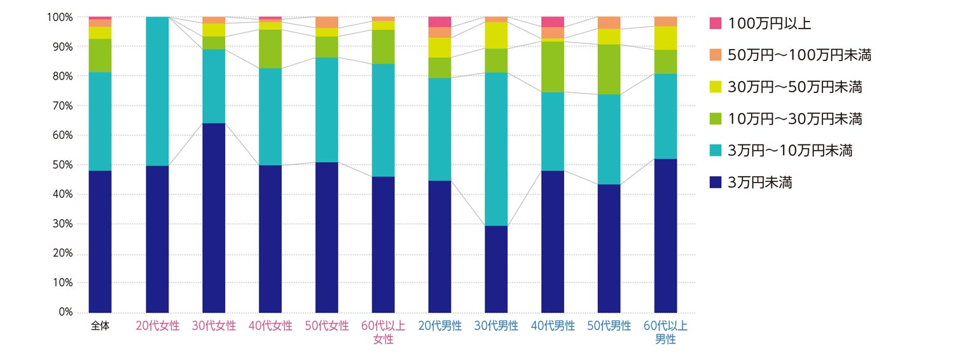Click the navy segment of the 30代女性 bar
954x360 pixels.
(214, 218)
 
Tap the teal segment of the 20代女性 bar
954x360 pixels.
(157, 91)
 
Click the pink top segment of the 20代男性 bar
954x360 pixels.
(439, 22)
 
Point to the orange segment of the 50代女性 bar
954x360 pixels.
(327, 22)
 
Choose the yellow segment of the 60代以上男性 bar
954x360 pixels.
(665, 38)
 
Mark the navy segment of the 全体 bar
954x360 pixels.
(100, 241)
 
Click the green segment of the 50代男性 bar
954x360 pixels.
(609, 69)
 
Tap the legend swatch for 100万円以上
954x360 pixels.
(715, 24)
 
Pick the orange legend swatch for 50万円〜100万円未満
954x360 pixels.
(715, 55)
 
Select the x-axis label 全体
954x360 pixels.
(100, 326)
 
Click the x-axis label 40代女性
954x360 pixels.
(270, 326)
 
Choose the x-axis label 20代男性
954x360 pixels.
(439, 326)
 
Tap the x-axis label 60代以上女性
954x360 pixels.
(383, 332)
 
